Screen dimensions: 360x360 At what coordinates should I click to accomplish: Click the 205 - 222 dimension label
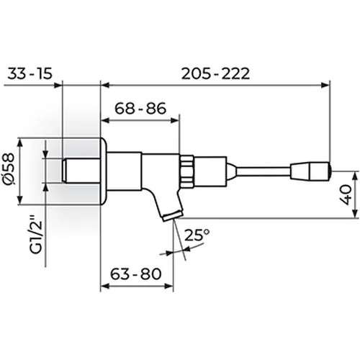[215, 73]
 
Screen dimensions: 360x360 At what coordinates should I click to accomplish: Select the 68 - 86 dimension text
[140, 108]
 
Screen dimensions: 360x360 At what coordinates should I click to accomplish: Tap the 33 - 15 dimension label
[30, 73]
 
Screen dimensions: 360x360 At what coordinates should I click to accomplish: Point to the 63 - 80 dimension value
[136, 274]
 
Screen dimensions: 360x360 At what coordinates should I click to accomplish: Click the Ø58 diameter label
[9, 169]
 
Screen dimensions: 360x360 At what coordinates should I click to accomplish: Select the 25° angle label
[197, 235]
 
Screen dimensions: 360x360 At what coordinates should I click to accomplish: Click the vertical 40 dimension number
[346, 194]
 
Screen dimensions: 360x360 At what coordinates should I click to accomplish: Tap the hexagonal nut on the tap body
[186, 171]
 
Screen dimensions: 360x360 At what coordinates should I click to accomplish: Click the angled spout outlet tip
[172, 216]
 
